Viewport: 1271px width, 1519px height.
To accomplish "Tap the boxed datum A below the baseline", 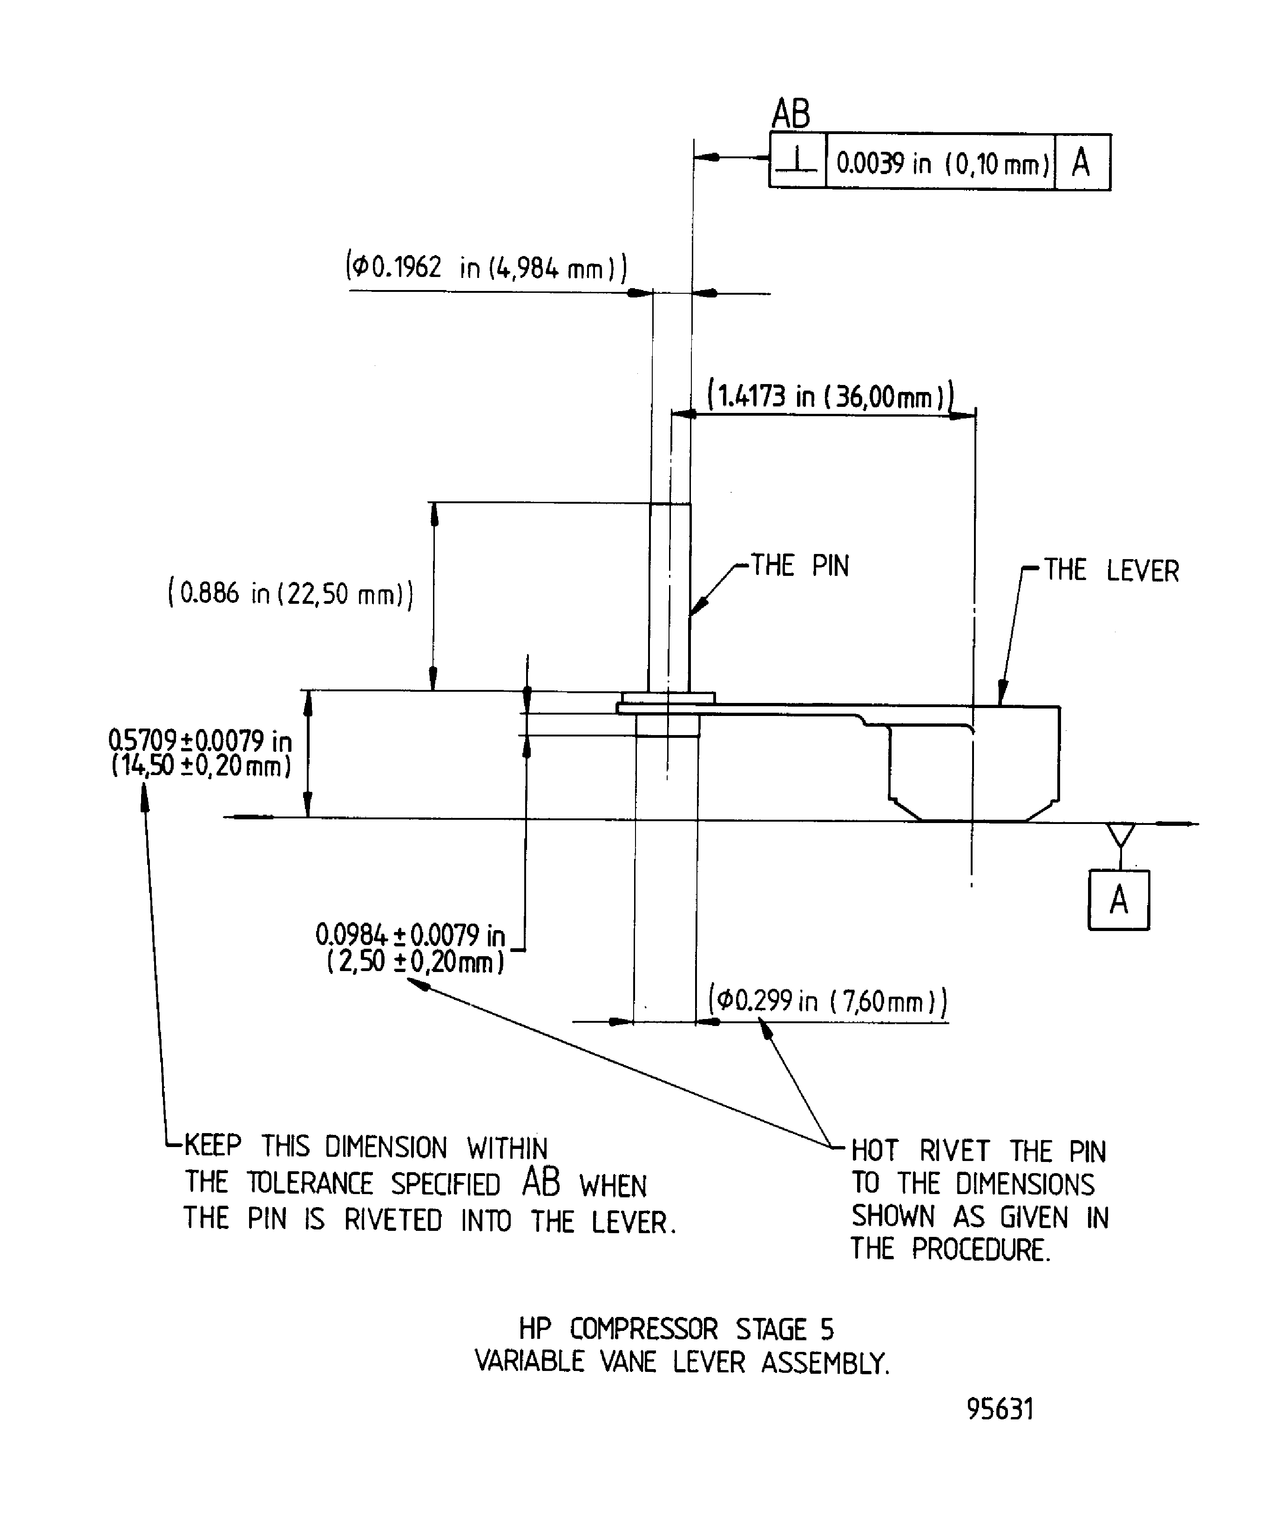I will [x=1118, y=900].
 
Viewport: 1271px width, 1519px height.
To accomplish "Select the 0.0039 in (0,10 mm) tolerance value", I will [x=942, y=163].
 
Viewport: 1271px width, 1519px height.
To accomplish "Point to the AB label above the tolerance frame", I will [x=791, y=115].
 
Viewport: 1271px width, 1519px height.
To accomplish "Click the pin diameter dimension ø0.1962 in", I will [x=486, y=268].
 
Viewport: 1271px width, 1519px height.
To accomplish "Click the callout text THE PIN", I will [x=800, y=566].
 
